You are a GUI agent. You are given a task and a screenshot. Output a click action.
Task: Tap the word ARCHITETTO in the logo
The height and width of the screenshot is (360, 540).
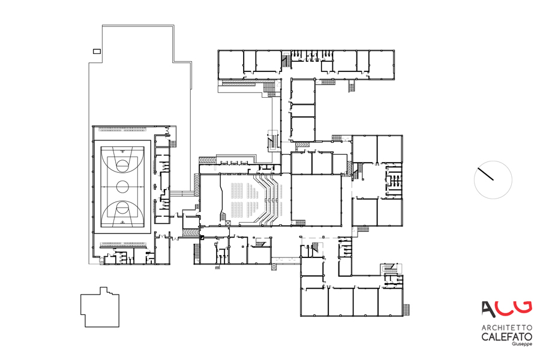click(506, 327)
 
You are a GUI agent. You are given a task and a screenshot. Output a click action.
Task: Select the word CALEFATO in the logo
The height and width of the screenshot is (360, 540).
click(506, 337)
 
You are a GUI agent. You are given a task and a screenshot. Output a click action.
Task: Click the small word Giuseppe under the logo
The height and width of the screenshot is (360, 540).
click(522, 344)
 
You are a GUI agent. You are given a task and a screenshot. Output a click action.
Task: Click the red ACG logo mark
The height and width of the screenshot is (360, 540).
click(506, 309)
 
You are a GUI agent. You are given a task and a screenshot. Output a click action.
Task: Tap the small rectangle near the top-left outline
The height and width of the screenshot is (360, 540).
click(97, 52)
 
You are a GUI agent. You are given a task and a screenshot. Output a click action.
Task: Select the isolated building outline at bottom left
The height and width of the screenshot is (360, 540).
click(100, 307)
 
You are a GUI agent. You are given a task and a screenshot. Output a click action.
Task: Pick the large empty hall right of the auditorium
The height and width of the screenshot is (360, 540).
click(316, 200)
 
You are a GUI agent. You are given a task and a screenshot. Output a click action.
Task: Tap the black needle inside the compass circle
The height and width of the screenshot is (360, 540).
click(485, 174)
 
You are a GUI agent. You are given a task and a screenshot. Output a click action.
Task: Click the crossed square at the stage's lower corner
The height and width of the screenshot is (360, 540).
click(227, 223)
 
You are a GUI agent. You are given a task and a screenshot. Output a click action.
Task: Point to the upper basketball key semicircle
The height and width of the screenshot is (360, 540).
click(122, 165)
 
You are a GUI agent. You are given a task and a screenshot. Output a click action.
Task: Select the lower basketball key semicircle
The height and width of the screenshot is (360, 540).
click(122, 208)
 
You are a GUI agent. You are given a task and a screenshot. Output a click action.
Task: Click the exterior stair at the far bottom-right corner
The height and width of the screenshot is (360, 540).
click(406, 310)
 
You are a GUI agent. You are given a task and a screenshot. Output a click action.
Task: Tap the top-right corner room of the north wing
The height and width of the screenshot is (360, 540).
click(382, 64)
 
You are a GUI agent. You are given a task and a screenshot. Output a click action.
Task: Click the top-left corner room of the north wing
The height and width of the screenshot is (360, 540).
click(232, 64)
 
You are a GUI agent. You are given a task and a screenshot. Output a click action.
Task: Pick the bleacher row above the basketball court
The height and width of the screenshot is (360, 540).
click(122, 130)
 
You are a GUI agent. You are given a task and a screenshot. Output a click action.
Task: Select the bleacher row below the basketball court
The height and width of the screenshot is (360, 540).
click(123, 245)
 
